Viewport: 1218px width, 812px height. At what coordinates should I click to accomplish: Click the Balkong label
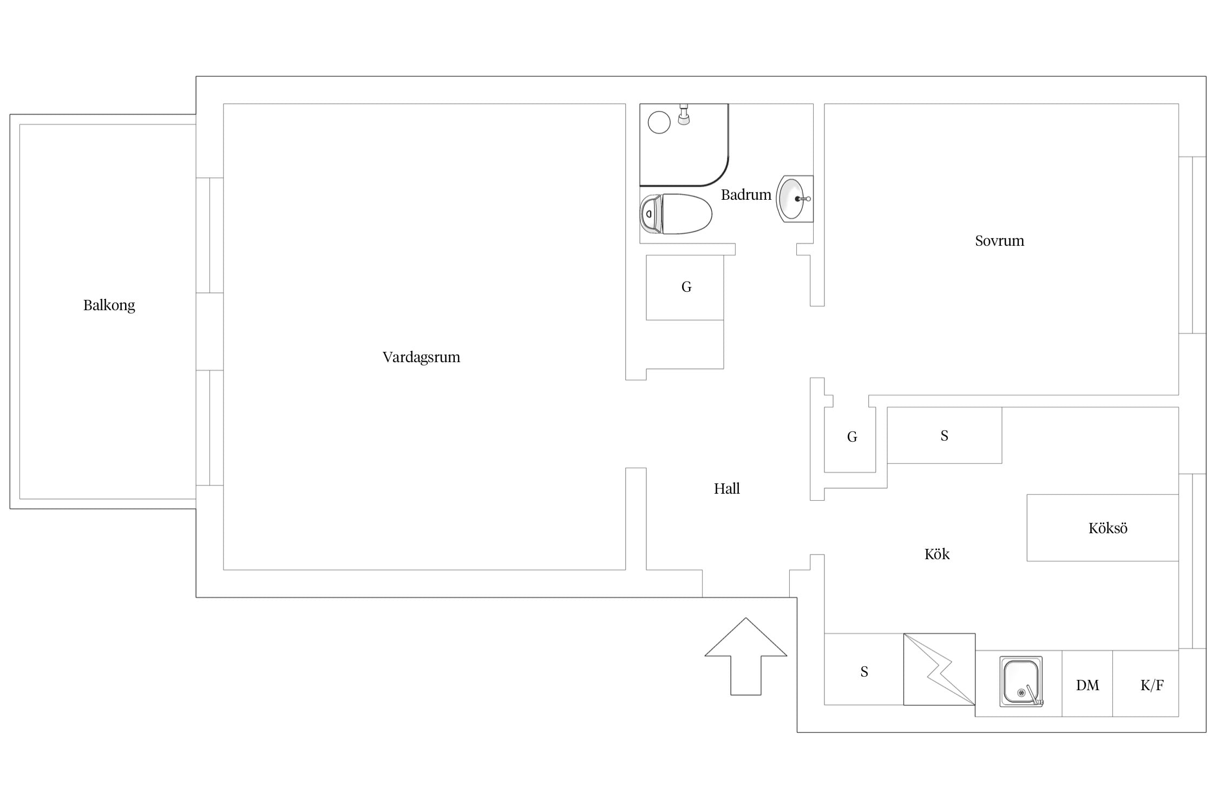pos(109,305)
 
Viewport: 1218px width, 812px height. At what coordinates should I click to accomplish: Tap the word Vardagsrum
pos(421,357)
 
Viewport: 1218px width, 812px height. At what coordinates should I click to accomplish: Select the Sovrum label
pos(999,241)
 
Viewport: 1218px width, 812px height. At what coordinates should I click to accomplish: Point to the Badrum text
pos(746,195)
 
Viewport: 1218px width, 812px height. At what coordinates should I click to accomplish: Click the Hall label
pos(726,489)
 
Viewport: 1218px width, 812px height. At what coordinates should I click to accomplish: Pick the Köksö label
pos(1108,528)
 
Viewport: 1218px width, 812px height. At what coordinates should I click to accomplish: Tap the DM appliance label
pos(1088,685)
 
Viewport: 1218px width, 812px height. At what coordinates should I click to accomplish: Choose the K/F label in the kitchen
pos(1152,685)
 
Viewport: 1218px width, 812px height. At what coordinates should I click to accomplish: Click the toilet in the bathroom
pos(676,214)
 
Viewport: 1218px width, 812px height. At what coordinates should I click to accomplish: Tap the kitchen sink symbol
pos(1021,682)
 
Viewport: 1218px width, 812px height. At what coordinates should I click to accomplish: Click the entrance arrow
pos(746,657)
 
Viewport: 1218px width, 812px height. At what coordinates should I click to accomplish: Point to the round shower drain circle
pos(659,122)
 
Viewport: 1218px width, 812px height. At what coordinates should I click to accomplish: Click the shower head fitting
pos(684,114)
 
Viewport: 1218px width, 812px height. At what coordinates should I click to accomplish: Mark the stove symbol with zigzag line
pos(939,669)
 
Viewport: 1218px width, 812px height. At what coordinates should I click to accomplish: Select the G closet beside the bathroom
pos(685,287)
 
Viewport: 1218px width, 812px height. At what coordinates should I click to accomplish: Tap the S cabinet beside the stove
pos(864,669)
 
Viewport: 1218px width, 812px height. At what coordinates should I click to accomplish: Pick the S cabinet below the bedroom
pos(944,435)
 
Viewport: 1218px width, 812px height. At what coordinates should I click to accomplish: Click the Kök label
pos(937,554)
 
